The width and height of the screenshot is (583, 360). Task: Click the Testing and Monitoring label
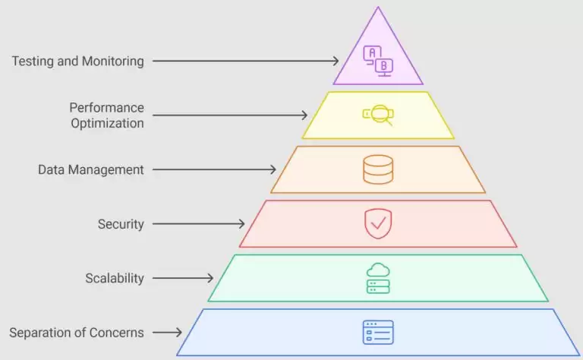point(77,61)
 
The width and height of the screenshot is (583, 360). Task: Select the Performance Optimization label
point(106,115)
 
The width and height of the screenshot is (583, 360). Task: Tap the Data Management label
point(90,169)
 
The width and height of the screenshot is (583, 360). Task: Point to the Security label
point(121,224)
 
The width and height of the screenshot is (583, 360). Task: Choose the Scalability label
point(114,278)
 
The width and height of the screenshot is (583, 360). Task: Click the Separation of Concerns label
point(77,333)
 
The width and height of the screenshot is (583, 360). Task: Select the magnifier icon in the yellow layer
point(378,115)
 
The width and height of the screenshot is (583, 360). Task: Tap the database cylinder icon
point(378,169)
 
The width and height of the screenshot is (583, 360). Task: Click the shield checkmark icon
point(378,223)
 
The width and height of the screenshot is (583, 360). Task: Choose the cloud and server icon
point(378,278)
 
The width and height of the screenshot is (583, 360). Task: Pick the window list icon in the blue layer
point(378,333)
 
